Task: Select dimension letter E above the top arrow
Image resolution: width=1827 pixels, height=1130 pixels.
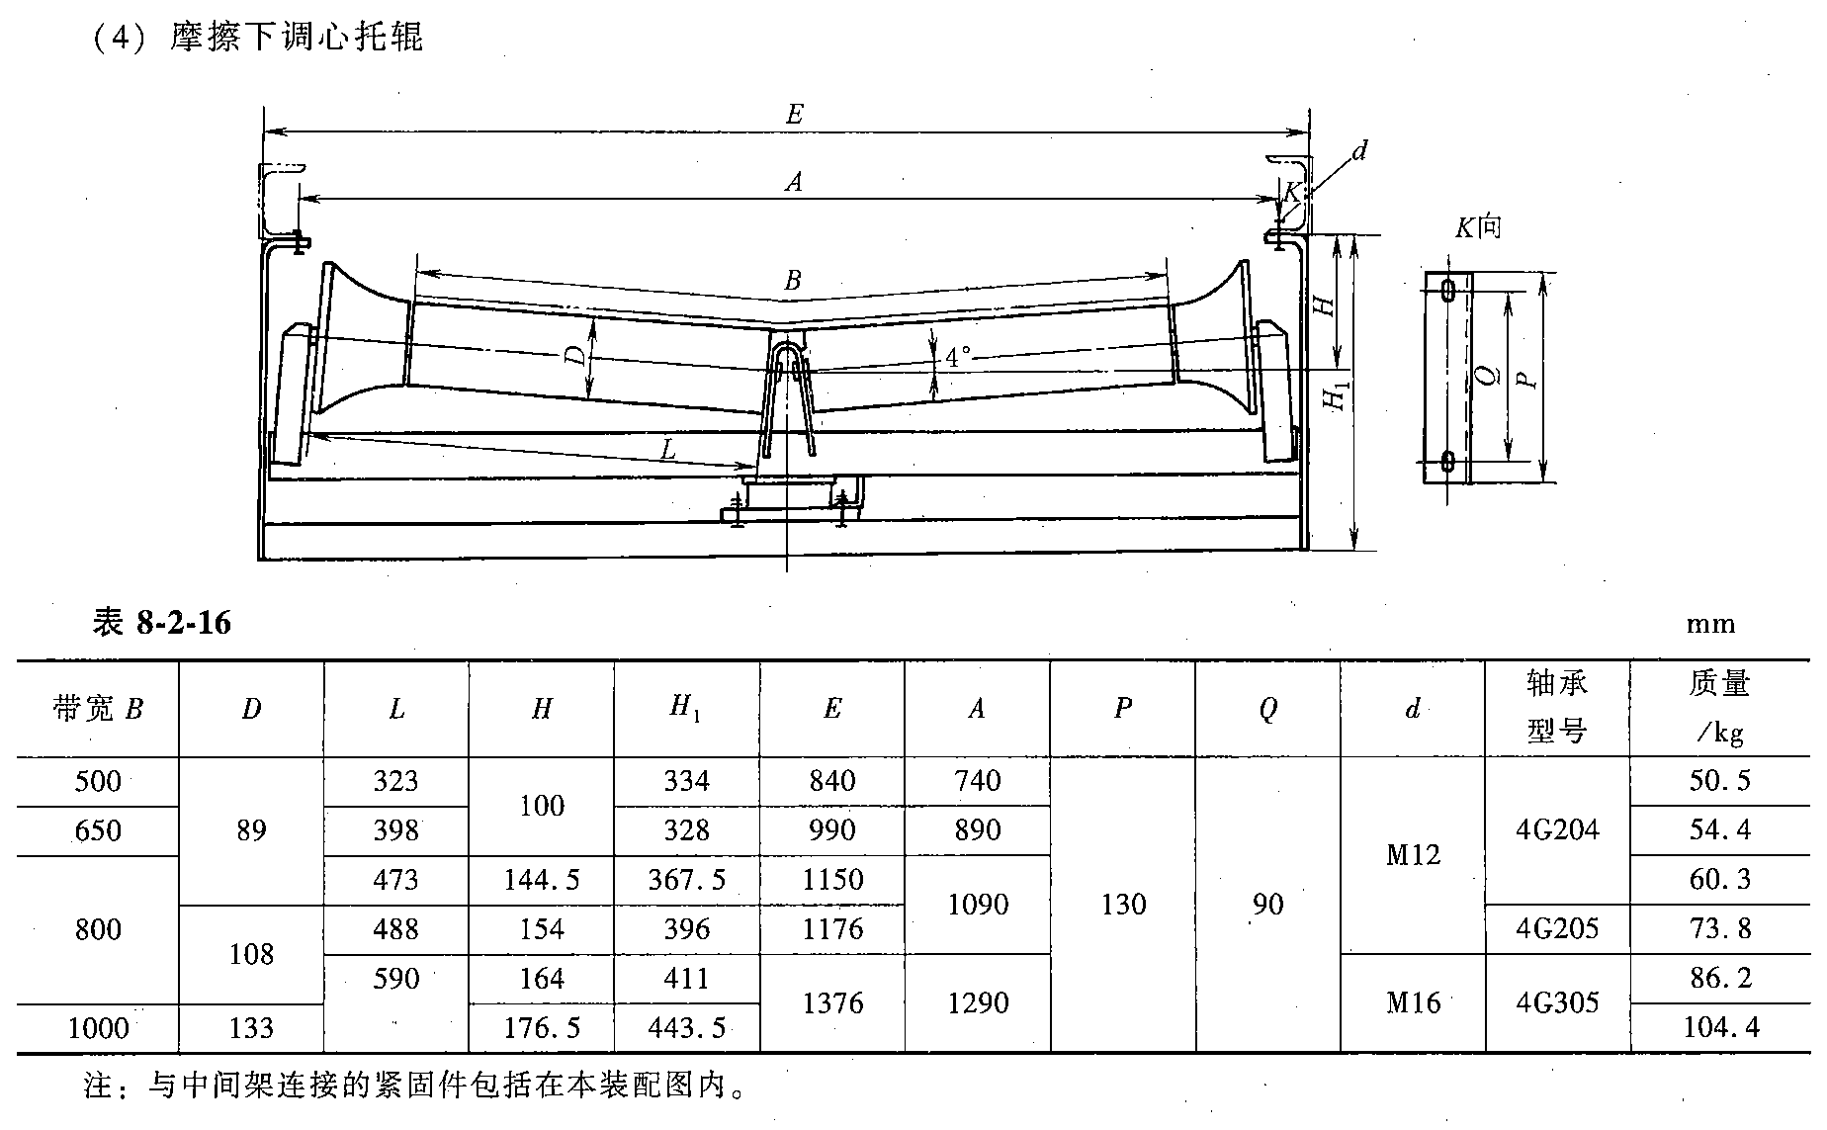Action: [794, 115]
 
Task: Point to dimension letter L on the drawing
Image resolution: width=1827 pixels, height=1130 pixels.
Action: [667, 451]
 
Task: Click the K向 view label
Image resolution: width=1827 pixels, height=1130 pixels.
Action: [1477, 227]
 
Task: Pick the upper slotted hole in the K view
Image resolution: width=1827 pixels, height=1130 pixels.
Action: [1448, 290]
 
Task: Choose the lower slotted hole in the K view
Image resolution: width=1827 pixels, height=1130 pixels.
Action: [1448, 460]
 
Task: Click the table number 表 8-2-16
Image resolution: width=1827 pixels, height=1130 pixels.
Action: [161, 623]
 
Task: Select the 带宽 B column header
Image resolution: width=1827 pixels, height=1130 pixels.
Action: [98, 709]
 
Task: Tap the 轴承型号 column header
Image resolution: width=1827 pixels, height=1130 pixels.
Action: [1557, 707]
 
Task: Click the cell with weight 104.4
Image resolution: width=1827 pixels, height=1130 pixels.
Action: [1720, 1028]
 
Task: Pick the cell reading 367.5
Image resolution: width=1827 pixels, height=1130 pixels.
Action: [686, 880]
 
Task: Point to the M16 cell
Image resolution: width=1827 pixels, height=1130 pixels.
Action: [1413, 1002]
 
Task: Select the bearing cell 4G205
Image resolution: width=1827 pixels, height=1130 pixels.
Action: [1557, 929]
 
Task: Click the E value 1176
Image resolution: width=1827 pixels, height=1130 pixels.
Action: [832, 929]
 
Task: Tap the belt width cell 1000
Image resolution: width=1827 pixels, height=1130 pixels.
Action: [98, 1028]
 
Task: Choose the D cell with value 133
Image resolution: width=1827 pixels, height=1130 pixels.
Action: [251, 1028]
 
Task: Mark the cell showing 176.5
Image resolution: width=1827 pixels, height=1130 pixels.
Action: [541, 1028]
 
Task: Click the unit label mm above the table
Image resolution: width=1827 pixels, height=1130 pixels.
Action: [1710, 624]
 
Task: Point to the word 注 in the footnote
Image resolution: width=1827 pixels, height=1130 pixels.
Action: [99, 1087]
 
